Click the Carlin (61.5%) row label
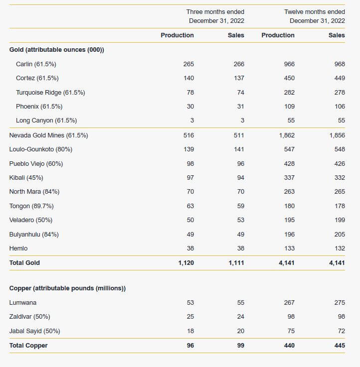click(x=36, y=64)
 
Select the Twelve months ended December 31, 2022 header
click(x=315, y=16)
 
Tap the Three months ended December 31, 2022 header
click(x=215, y=16)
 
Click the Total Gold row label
click(x=24, y=262)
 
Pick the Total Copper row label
click(x=28, y=346)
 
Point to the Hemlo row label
click(x=18, y=248)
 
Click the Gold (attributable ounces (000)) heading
click(x=57, y=50)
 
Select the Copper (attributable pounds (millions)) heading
click(x=67, y=288)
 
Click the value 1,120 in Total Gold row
click(x=186, y=263)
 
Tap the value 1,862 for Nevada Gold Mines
click(x=287, y=135)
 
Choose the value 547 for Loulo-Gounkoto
click(x=289, y=149)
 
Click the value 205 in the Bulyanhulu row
click(x=340, y=234)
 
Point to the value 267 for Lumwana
click(x=289, y=303)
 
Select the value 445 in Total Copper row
click(x=340, y=346)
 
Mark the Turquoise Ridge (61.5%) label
click(x=50, y=93)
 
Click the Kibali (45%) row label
click(x=26, y=178)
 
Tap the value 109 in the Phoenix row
click(x=290, y=107)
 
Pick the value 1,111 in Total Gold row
click(x=236, y=263)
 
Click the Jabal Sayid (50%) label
click(x=35, y=331)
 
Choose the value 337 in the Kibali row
click(x=289, y=178)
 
